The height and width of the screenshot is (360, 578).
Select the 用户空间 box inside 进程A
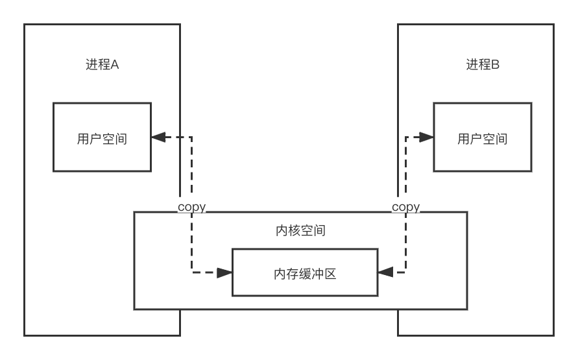pos(102,138)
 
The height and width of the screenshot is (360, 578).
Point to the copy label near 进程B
pos(405,208)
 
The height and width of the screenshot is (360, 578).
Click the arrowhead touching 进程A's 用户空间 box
pos(158,138)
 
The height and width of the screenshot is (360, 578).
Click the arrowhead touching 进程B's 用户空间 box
pos(426,138)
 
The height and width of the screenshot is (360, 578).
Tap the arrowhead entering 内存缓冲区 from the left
pos(225,273)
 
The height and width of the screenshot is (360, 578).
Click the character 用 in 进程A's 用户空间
pos(82,138)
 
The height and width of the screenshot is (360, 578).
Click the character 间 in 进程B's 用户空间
pos(501,138)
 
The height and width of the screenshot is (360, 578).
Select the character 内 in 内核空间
pos(280,231)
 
